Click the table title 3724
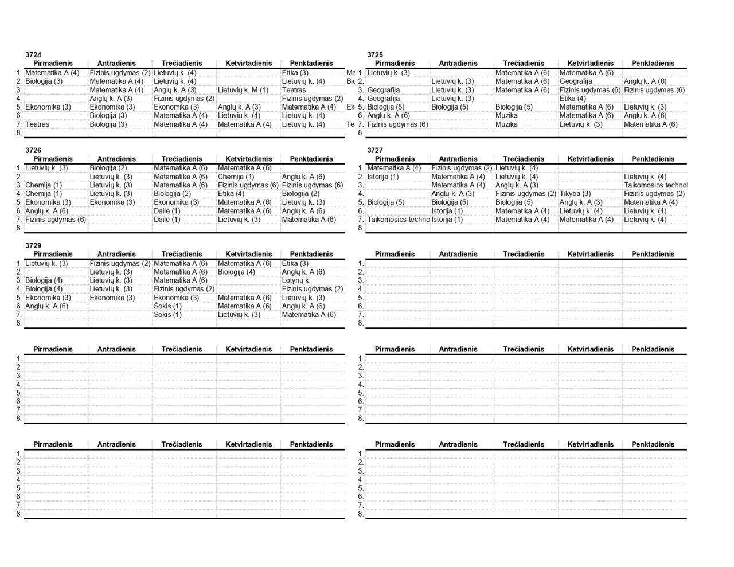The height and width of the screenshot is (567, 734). tap(33, 54)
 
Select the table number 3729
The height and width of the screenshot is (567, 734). tap(33, 245)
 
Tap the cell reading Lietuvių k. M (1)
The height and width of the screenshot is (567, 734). tap(243, 90)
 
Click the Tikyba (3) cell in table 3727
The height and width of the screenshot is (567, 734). tap(575, 194)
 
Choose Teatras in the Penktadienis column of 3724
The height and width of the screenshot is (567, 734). tap(294, 90)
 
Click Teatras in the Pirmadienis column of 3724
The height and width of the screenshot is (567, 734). tap(37, 124)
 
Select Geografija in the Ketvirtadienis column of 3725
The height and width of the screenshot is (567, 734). tap(576, 81)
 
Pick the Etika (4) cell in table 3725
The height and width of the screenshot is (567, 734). tap(573, 99)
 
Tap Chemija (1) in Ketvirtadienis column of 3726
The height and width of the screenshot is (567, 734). tap(236, 177)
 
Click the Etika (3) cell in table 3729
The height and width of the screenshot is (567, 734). tap(295, 264)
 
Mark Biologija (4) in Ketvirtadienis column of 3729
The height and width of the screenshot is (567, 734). tap(236, 272)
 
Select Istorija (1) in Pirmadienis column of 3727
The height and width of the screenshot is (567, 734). tap(383, 177)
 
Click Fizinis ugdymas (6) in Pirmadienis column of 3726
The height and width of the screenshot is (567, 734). tap(56, 220)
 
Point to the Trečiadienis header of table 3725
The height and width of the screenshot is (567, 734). tap(524, 64)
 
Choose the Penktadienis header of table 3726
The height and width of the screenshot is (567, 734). tap(311, 159)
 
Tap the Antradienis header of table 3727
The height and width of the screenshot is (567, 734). tap(458, 159)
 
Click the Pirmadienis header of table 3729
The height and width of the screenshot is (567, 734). tap(53, 254)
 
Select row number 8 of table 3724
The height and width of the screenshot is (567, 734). tap(19, 133)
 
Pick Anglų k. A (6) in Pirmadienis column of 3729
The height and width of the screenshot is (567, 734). tap(46, 306)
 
